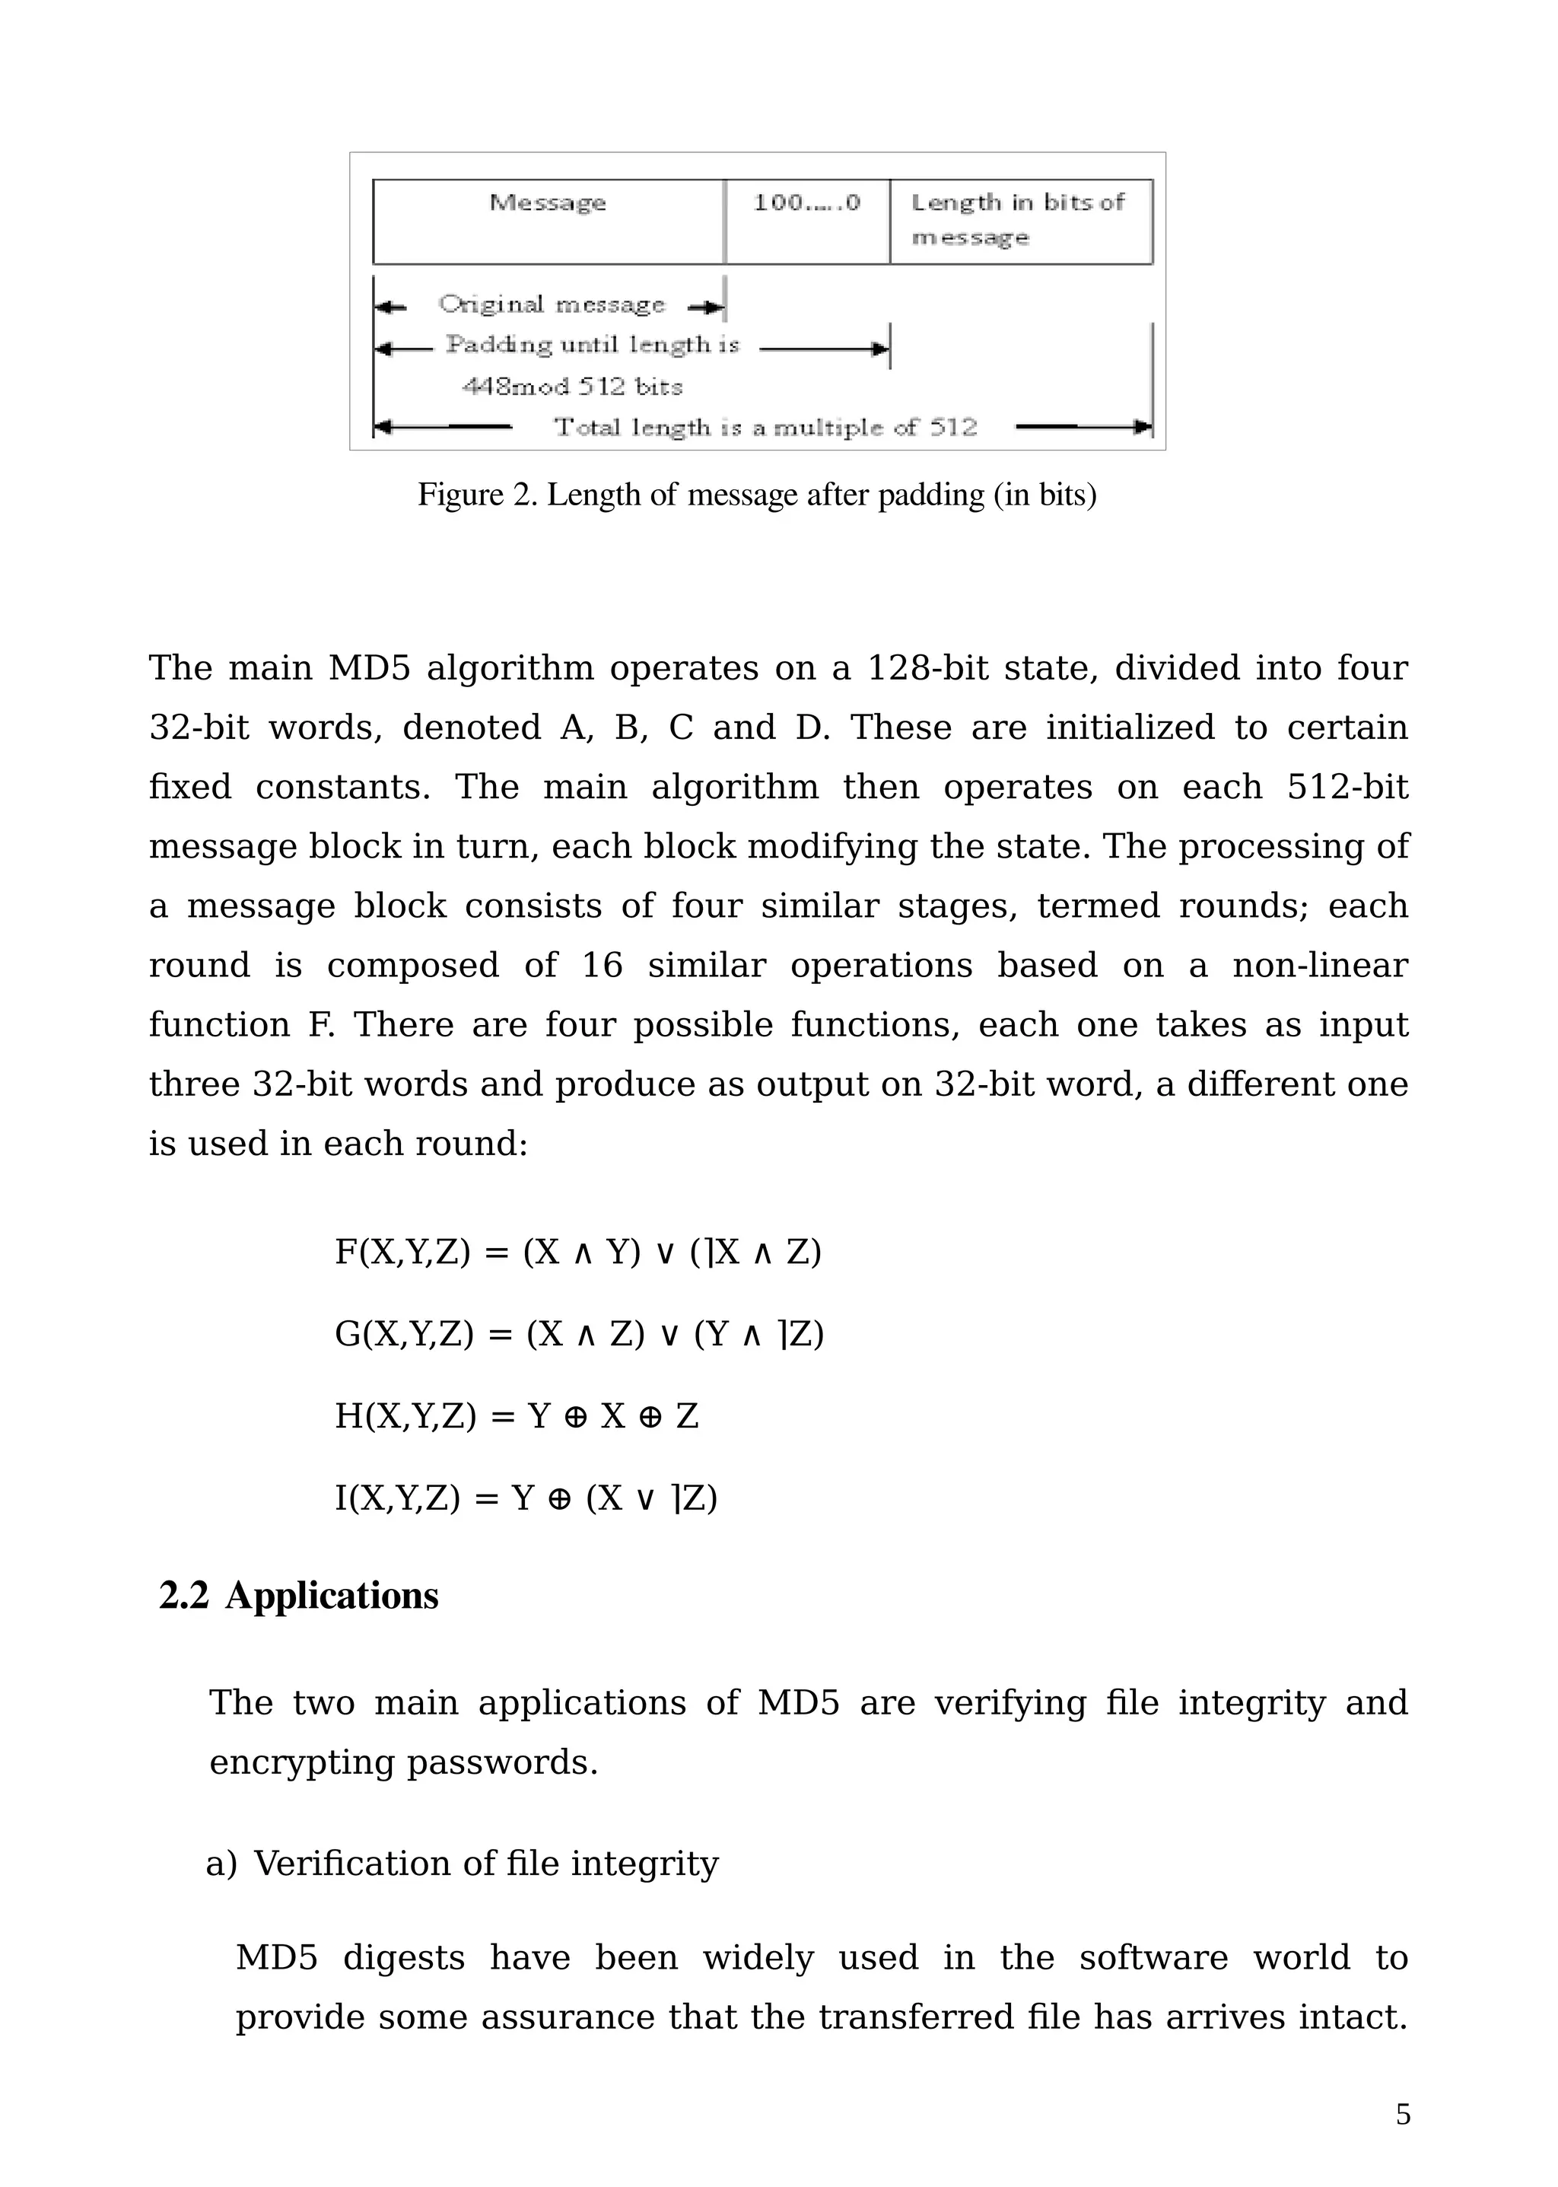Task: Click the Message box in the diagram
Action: pyautogui.click(x=548, y=221)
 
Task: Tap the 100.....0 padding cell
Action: pyautogui.click(x=807, y=221)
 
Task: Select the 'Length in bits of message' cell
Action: pyautogui.click(x=1020, y=221)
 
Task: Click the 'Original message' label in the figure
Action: pyautogui.click(x=552, y=305)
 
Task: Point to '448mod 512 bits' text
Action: pyautogui.click(x=573, y=387)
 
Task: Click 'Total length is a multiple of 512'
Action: pyautogui.click(x=765, y=428)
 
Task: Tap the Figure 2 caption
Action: pyautogui.click(x=756, y=495)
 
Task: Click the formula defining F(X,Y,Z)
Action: pyautogui.click(x=577, y=1253)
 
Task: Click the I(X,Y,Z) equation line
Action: pyautogui.click(x=526, y=1497)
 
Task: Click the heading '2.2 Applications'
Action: pyautogui.click(x=298, y=1596)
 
